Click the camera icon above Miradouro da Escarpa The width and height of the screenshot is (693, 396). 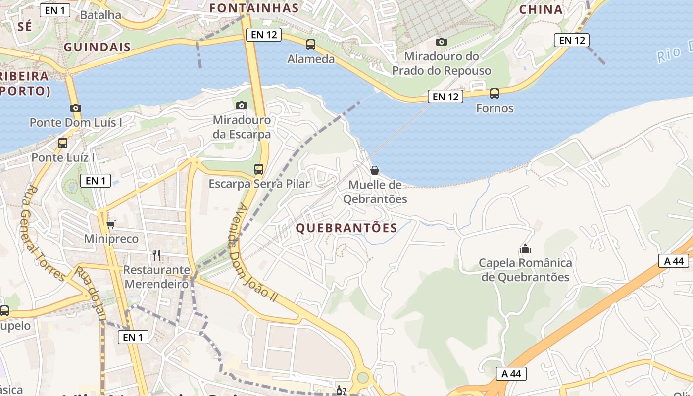(242, 105)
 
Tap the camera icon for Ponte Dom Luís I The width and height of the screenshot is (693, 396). (75, 108)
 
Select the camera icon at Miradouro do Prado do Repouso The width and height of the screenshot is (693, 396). (441, 42)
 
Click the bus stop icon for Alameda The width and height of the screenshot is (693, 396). (311, 45)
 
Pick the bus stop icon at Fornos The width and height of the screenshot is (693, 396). (494, 93)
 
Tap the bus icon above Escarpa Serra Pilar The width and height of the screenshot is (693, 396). (259, 169)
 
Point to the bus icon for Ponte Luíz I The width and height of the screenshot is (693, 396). (63, 143)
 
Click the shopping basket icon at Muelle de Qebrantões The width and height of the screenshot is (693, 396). (375, 170)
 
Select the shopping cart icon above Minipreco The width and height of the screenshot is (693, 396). (111, 224)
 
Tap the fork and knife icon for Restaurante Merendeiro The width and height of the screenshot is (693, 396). (156, 255)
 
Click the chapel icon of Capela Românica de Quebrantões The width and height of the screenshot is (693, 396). (525, 248)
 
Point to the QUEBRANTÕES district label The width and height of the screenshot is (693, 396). (346, 228)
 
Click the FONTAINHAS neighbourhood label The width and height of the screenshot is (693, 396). (254, 8)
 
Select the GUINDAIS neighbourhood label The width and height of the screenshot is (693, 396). (97, 48)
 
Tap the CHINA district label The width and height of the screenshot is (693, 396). (541, 9)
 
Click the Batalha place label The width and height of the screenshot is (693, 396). (100, 15)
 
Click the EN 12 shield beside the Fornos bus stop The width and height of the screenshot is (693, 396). (445, 97)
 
